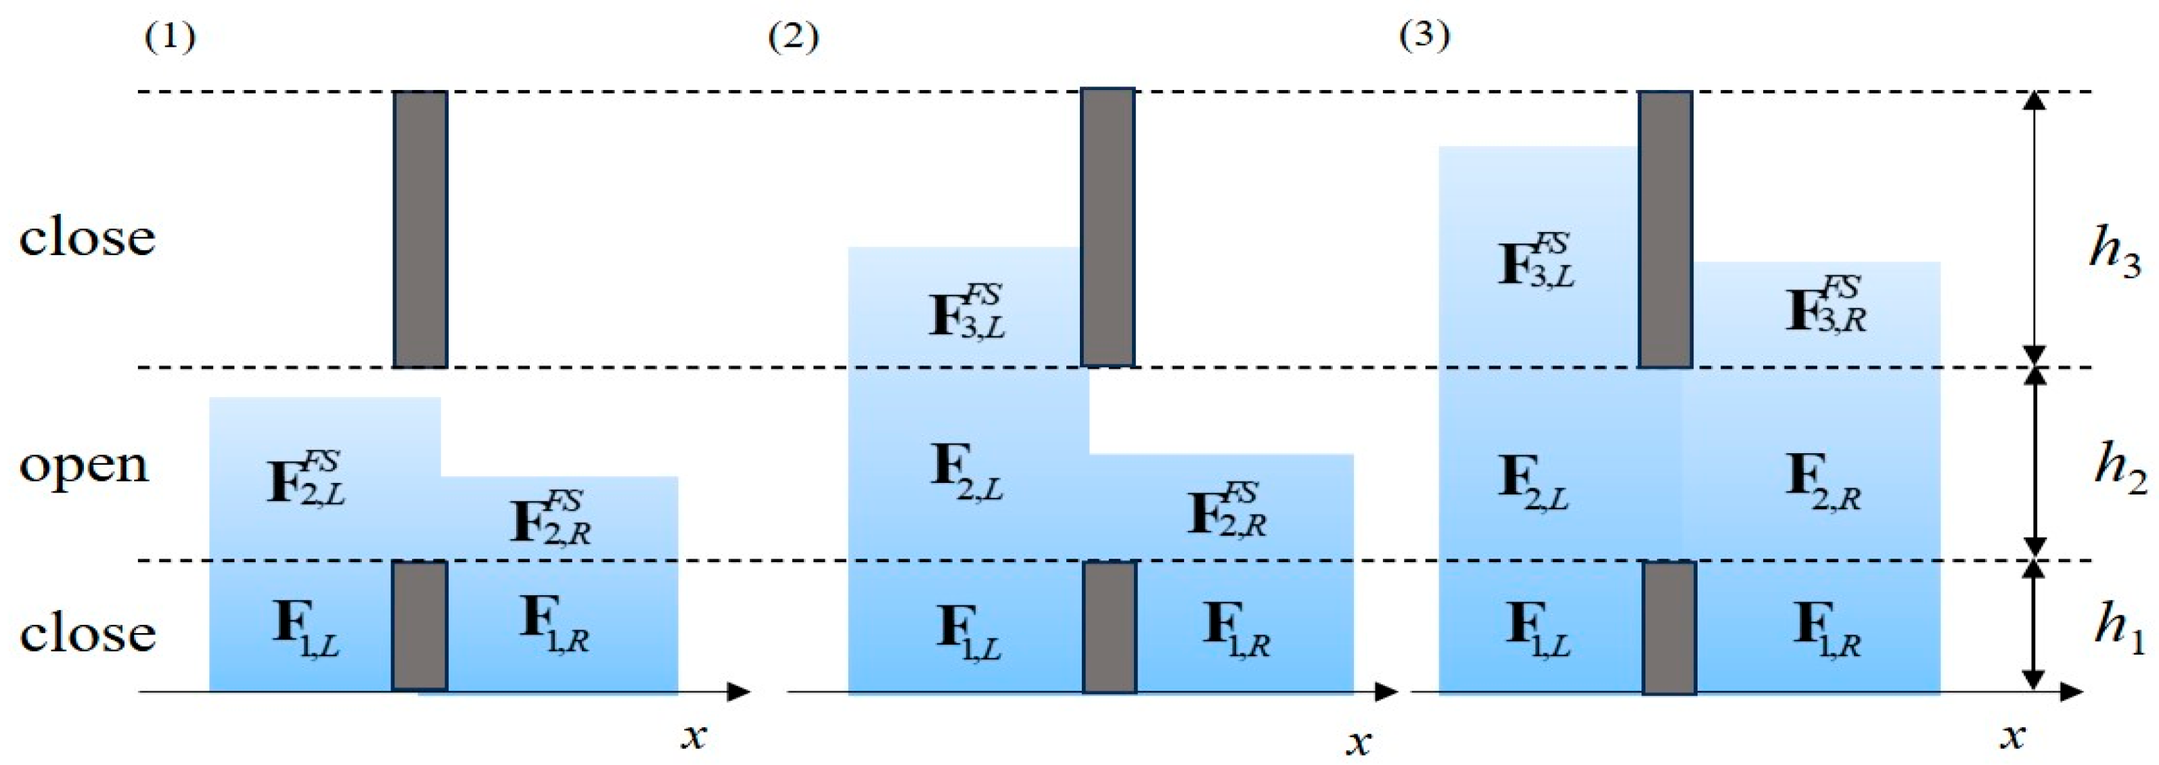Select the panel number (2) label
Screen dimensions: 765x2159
coord(793,38)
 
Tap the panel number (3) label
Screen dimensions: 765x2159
coord(1425,35)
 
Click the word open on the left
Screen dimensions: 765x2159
coord(84,466)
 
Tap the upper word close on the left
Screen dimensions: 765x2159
coord(87,238)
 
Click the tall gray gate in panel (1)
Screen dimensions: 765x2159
coord(420,229)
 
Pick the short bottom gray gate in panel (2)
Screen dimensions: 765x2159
coord(1110,627)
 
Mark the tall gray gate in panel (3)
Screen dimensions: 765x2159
coord(1664,229)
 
